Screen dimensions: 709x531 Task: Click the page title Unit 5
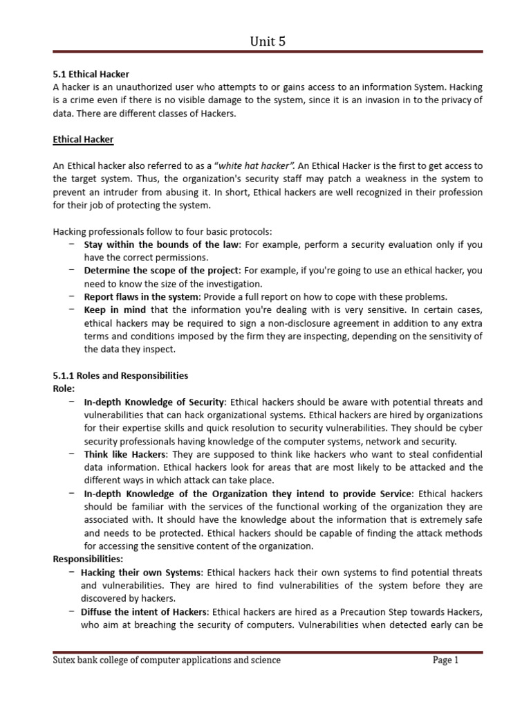(267, 42)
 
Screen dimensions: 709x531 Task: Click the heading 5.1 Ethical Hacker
(91, 73)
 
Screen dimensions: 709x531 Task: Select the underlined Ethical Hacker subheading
(83, 139)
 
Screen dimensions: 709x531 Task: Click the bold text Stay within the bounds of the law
(162, 244)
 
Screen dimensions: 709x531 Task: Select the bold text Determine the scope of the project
(162, 270)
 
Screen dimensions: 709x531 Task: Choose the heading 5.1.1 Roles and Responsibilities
(120, 375)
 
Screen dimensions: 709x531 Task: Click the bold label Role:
(64, 388)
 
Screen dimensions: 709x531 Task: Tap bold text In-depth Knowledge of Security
(154, 402)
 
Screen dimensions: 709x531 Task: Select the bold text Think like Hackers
(125, 454)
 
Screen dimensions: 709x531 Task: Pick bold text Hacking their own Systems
(141, 573)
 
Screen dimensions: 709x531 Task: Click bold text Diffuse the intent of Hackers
(144, 612)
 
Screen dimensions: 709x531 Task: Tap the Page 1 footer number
(445, 661)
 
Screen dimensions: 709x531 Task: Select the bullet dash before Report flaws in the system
(72, 296)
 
